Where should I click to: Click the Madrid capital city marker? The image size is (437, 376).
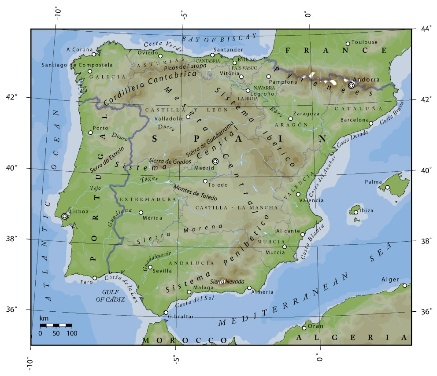pos(215,161)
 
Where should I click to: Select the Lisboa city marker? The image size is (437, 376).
pos(65,216)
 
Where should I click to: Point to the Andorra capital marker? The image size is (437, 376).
pos(351,85)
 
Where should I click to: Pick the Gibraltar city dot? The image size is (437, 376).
pos(166,313)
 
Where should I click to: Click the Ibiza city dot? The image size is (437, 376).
pos(356,212)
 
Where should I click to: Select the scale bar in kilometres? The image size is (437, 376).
pos(56,325)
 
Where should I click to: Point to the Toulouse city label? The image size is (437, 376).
pos(364,42)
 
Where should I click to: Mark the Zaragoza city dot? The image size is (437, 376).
pos(290,118)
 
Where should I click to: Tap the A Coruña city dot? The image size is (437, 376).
pos(94,54)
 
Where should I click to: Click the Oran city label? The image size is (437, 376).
pos(315,326)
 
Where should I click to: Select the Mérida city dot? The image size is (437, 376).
pos(141,213)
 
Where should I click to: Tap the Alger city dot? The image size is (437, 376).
pos(405,286)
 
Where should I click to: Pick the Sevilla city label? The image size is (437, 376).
pos(162,271)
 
